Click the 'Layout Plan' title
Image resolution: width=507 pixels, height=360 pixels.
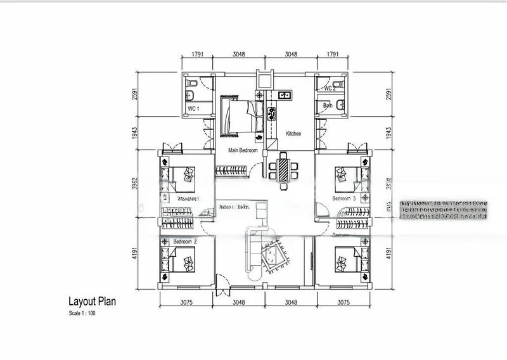pos(92,302)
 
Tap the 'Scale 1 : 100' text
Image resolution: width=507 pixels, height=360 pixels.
pos(83,313)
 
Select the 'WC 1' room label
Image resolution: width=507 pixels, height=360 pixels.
pos(193,109)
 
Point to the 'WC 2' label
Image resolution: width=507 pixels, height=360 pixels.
pos(330,88)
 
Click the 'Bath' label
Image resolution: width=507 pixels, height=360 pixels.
pos(328,106)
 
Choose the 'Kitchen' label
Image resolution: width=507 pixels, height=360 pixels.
pos(293,134)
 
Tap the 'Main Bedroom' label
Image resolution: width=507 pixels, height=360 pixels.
pos(243,151)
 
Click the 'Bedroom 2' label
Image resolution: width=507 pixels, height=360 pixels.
pos(185,241)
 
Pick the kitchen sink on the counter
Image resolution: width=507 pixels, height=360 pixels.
pos(284,96)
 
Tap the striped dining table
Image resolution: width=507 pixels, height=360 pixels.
pos(283,169)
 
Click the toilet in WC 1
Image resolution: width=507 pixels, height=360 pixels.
pos(191,96)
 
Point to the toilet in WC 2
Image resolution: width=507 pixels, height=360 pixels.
pos(340,105)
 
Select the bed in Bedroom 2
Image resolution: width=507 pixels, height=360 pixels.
pos(186,262)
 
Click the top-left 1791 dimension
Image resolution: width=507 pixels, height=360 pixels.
pos(197,55)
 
